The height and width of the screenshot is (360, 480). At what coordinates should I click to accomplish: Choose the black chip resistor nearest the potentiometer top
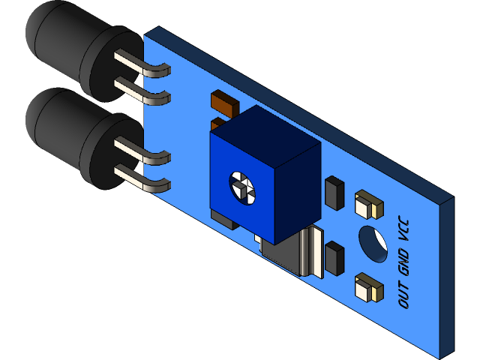(x=334, y=193)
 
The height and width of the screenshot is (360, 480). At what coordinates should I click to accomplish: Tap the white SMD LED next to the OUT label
(x=366, y=286)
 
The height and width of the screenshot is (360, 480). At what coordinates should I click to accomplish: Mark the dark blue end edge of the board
(x=445, y=277)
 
